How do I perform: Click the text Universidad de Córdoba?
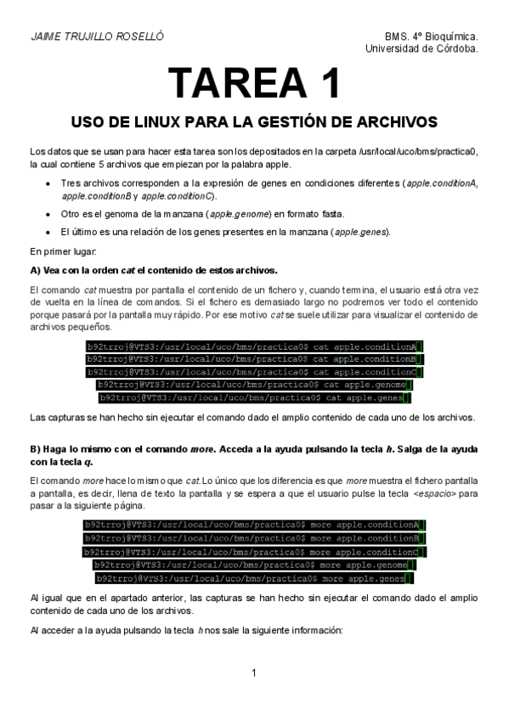(421, 49)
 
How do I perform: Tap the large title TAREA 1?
(254, 83)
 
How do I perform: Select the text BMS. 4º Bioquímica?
(431, 37)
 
